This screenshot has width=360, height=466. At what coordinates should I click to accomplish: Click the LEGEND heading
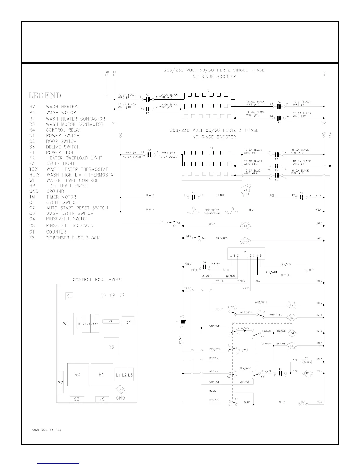pos(45,96)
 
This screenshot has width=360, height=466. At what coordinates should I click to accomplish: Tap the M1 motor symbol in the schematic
pos(245,190)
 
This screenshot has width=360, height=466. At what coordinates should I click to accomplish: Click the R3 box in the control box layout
pos(111,347)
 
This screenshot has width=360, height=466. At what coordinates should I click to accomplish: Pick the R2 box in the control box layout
pos(78,375)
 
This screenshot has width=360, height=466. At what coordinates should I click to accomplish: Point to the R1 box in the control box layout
pos(102,375)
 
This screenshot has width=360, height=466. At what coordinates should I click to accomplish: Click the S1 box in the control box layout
pos(69,296)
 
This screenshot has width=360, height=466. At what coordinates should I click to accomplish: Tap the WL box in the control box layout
pos(66,324)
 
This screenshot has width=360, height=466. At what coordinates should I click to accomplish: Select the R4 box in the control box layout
pos(128,322)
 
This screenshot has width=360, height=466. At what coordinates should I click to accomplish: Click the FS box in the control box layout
pos(102,399)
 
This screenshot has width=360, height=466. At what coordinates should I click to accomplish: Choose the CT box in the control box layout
pos(111,322)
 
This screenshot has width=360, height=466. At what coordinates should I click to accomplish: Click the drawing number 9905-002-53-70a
pos(46,430)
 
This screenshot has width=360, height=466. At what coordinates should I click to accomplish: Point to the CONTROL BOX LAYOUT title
pos(97,279)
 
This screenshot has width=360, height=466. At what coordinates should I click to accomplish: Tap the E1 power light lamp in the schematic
pos(245,226)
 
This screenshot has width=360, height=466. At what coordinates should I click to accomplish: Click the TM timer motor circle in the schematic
pos(292,333)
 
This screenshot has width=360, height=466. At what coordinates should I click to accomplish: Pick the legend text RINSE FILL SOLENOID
pos(70,225)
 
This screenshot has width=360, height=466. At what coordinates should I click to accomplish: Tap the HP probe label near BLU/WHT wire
pos(288,275)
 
